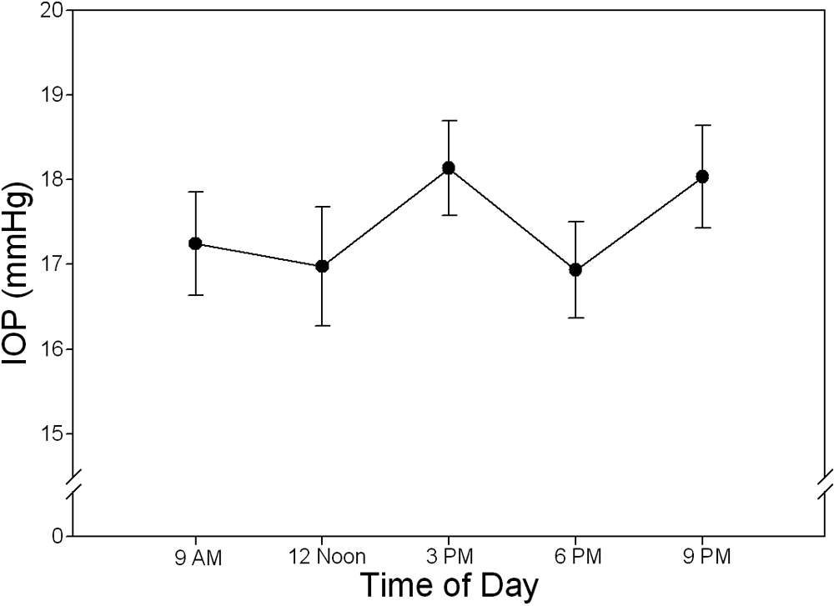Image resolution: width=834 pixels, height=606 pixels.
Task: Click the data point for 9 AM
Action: click(x=195, y=243)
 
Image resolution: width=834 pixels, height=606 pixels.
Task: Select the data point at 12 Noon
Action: click(x=322, y=266)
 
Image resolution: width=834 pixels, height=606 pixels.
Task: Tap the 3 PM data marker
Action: click(x=449, y=168)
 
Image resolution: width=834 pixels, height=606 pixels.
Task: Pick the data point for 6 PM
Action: click(x=575, y=269)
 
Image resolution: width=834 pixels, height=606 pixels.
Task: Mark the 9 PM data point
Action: click(x=702, y=177)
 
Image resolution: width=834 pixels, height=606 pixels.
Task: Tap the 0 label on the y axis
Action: click(x=57, y=535)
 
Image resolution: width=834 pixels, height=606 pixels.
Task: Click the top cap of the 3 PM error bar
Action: click(x=449, y=121)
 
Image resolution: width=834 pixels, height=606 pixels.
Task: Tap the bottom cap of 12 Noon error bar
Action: click(x=322, y=325)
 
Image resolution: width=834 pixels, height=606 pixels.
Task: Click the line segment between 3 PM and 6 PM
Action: click(x=512, y=218)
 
